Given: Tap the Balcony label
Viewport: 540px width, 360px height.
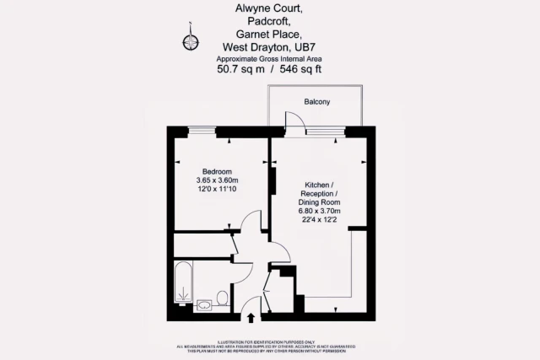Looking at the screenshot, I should coord(317,102).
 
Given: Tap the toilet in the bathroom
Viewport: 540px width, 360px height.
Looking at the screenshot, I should coord(222,298).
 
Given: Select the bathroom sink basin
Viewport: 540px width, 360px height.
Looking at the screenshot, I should coord(203,303).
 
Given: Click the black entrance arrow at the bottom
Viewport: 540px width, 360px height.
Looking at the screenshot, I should coord(251,317).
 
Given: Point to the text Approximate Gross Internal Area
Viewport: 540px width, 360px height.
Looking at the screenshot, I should coord(270,58).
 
